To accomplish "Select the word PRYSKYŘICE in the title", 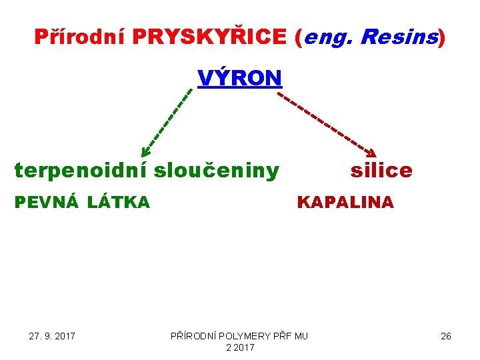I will [209, 37].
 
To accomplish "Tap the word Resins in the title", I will [399, 37].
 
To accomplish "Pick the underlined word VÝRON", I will [240, 78].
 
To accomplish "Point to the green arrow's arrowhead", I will [145, 153].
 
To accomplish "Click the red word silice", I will [381, 171].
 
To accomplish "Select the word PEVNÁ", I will [45, 202].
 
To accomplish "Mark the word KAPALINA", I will [345, 202].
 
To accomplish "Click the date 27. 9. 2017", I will [52, 336].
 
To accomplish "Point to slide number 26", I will [446, 336].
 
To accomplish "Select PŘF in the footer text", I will [282, 336].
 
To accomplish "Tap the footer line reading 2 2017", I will [240, 347].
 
